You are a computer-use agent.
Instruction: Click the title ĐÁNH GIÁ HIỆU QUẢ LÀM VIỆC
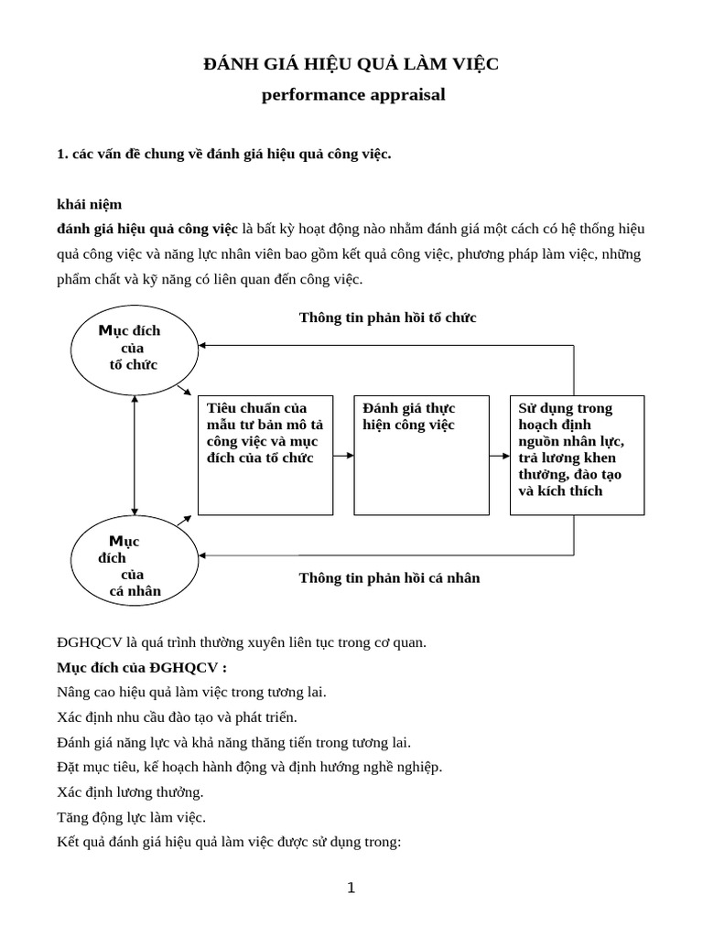(x=351, y=64)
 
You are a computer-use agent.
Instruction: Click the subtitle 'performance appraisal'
(x=353, y=95)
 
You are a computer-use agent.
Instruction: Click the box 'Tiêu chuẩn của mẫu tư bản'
(x=265, y=455)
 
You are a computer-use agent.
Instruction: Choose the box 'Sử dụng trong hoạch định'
(x=577, y=455)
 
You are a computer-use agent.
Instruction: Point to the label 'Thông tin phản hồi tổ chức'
(x=387, y=318)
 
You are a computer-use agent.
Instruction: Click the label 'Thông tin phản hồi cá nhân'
(x=389, y=578)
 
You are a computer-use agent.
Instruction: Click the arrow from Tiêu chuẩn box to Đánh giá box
(x=343, y=455)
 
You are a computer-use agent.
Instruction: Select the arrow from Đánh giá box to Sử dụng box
(x=498, y=455)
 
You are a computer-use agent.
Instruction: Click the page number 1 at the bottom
(x=351, y=888)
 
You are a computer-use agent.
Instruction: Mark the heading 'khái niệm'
(x=89, y=204)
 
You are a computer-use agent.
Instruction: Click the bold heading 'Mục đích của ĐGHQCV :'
(x=141, y=667)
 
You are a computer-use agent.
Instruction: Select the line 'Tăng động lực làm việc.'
(x=131, y=817)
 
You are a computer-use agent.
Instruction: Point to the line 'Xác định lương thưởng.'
(x=130, y=792)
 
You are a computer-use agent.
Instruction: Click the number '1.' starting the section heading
(x=62, y=154)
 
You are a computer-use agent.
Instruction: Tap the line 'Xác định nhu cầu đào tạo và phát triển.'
(x=177, y=716)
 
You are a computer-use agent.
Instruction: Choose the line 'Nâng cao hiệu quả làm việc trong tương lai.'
(x=191, y=692)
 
